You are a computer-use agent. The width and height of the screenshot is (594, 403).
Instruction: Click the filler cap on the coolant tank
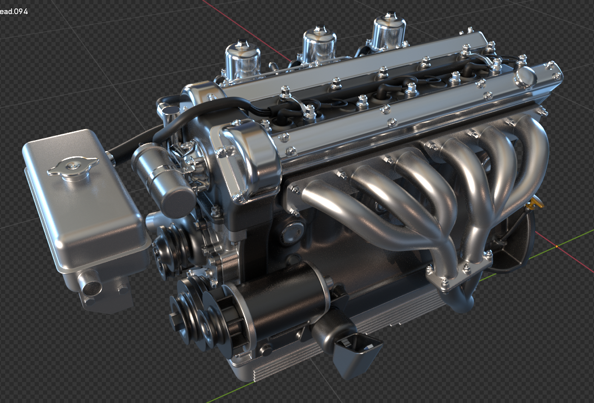(73, 167)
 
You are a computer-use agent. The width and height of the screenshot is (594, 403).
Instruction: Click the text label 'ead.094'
(14, 12)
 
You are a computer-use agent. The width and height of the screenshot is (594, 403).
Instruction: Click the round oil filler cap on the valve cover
(525, 77)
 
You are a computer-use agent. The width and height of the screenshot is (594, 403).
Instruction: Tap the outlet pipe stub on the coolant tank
(90, 283)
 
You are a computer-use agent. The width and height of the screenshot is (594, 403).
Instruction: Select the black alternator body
(280, 303)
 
